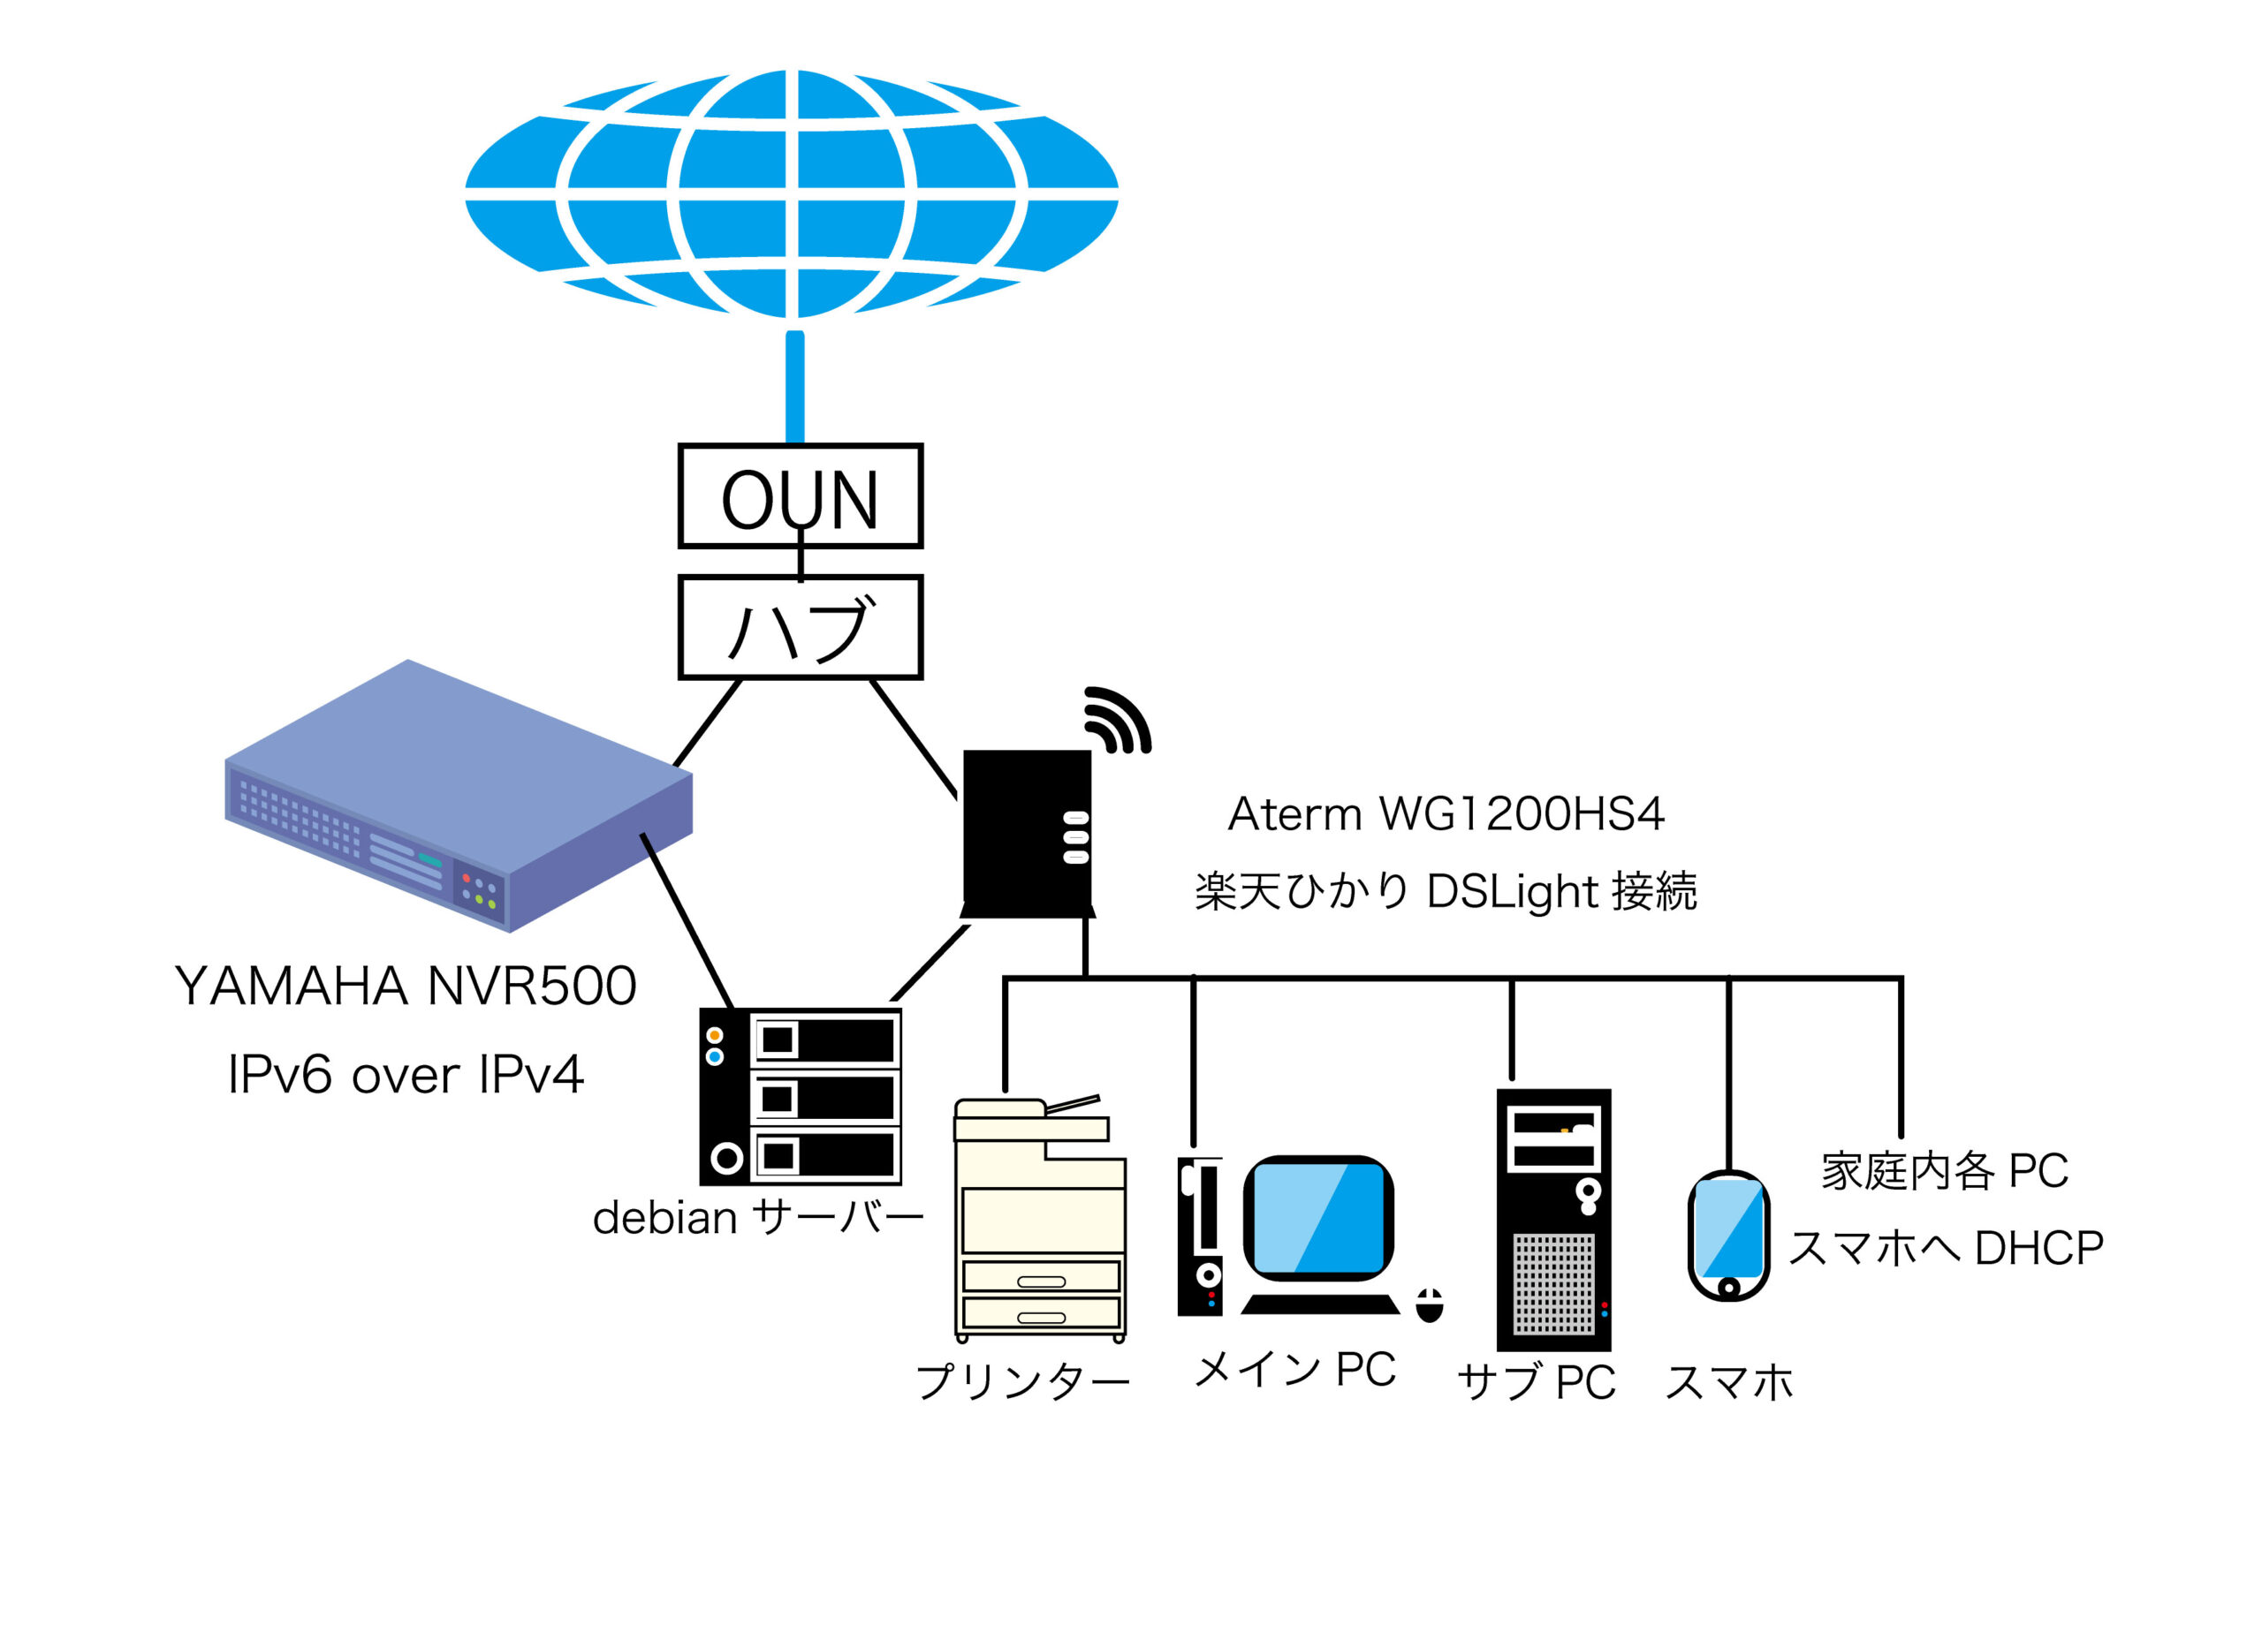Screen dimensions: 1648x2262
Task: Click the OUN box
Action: tap(800, 495)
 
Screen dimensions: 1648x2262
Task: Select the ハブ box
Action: tap(800, 627)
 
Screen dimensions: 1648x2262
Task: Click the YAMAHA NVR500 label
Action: tap(405, 987)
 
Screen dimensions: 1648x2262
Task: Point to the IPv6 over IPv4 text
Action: tap(405, 1076)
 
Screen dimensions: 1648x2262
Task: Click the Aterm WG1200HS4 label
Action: tap(1445, 814)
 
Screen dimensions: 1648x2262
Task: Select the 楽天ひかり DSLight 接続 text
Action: tap(1445, 891)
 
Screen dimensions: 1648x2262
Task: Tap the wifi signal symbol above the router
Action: tap(1118, 721)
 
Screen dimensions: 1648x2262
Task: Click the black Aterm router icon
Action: tap(1027, 834)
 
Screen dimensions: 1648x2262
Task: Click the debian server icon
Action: tap(801, 1096)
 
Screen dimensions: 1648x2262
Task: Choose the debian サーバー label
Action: tap(758, 1218)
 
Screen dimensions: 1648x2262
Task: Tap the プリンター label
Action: tap(1022, 1381)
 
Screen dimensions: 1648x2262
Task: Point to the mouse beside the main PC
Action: tap(1429, 1304)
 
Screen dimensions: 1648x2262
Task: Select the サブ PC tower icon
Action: tap(1553, 1219)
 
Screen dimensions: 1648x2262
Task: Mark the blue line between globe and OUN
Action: tap(794, 387)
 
